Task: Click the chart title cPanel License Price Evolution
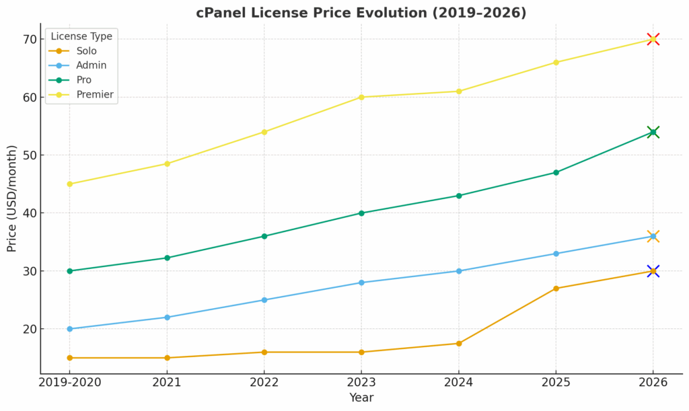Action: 361,13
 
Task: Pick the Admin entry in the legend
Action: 92,65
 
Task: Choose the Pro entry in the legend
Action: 84,80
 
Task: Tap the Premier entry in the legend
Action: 95,95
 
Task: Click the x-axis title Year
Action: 361,398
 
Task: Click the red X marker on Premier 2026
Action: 653,39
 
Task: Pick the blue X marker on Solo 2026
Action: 653,271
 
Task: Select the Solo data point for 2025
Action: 556,289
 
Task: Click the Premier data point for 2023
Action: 361,97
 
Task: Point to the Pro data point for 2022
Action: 264,236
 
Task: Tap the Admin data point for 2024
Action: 459,271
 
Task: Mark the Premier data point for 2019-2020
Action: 69,184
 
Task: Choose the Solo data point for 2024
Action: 459,343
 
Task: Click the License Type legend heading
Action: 81,36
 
